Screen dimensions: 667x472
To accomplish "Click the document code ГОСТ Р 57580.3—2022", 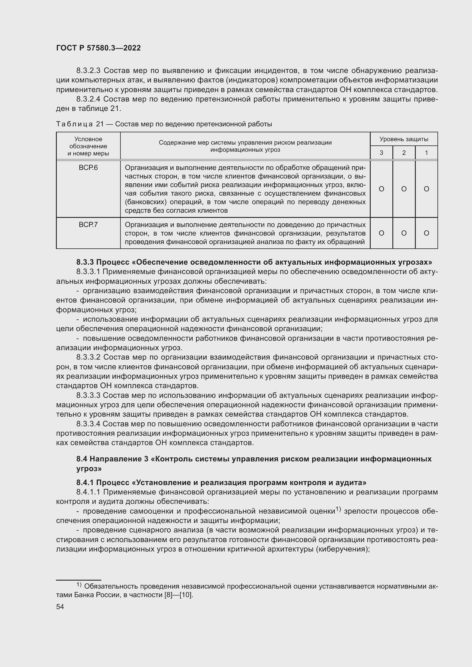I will point(98,48).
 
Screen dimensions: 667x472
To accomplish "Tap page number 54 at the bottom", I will point(60,607).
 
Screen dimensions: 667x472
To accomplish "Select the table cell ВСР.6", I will point(88,168).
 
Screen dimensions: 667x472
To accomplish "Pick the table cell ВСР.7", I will point(88,224).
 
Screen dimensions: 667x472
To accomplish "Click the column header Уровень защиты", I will point(404,139).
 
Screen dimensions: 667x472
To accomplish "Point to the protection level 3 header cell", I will point(381,153).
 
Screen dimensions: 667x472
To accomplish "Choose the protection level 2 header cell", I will point(404,153).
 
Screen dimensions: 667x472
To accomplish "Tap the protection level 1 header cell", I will point(426,153).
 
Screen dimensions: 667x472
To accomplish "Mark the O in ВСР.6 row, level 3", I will point(381,189).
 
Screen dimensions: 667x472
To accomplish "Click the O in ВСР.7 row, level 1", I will point(426,233).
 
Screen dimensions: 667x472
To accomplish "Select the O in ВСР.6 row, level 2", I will point(404,189).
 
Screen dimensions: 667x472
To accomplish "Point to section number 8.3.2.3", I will point(88,71).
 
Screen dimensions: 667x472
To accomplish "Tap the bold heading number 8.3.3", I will point(85,262).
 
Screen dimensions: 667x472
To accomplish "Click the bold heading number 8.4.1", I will point(85,482).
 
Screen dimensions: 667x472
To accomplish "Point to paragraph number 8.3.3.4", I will point(88,424).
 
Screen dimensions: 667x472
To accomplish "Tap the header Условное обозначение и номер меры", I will point(88,146).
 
